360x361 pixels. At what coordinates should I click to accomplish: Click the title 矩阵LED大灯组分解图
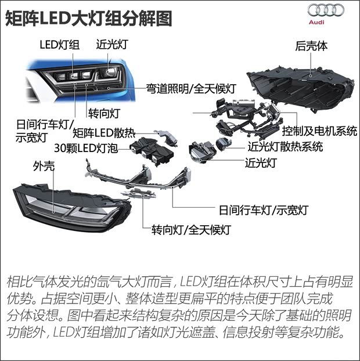click(x=88, y=17)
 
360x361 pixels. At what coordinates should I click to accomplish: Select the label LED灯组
click(x=59, y=45)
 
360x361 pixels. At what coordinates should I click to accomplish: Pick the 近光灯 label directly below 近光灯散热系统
click(x=262, y=163)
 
